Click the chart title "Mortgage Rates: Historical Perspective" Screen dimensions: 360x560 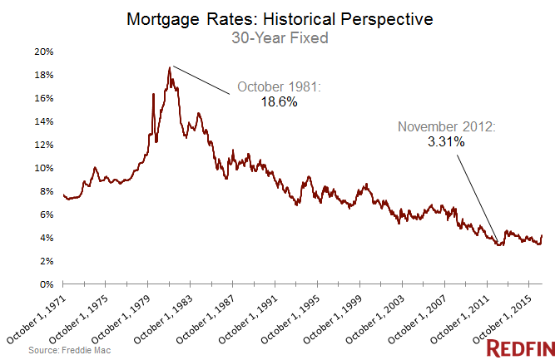[x=280, y=17]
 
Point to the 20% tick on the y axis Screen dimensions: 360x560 [x=44, y=52]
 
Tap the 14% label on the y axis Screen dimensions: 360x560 [x=44, y=121]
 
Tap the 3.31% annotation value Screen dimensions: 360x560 [x=447, y=142]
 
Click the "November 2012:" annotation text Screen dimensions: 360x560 [x=447, y=127]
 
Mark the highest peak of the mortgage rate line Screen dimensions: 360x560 [x=169, y=67]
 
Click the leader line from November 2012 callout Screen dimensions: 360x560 [x=474, y=196]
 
